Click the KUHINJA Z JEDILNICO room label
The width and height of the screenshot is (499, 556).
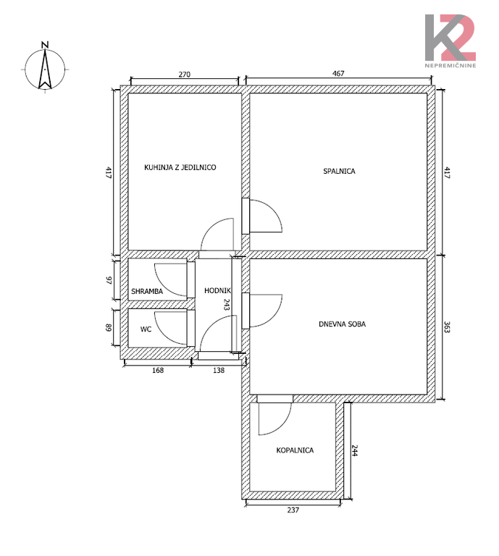(x=180, y=167)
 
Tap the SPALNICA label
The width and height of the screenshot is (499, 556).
(x=339, y=172)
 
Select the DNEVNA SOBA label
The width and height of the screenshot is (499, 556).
(x=343, y=324)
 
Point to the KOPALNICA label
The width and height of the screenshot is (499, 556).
(x=295, y=450)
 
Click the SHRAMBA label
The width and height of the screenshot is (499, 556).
(x=147, y=292)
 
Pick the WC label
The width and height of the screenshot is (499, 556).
(x=146, y=329)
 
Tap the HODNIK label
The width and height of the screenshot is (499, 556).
(x=217, y=291)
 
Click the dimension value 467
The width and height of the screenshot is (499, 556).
(x=338, y=73)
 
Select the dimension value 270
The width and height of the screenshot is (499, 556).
(x=185, y=75)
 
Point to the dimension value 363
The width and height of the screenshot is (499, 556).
(x=447, y=327)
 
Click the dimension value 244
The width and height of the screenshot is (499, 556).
(x=355, y=450)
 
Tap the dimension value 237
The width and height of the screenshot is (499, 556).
(x=293, y=510)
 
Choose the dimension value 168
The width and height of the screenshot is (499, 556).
(x=158, y=370)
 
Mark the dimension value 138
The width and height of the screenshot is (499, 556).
(x=219, y=370)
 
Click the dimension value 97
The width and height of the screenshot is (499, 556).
(x=109, y=280)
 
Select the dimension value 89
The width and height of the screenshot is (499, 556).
(x=109, y=328)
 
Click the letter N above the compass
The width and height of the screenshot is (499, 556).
(x=45, y=45)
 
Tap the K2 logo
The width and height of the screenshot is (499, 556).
(x=450, y=38)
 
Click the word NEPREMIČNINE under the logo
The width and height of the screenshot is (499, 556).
(x=450, y=66)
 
